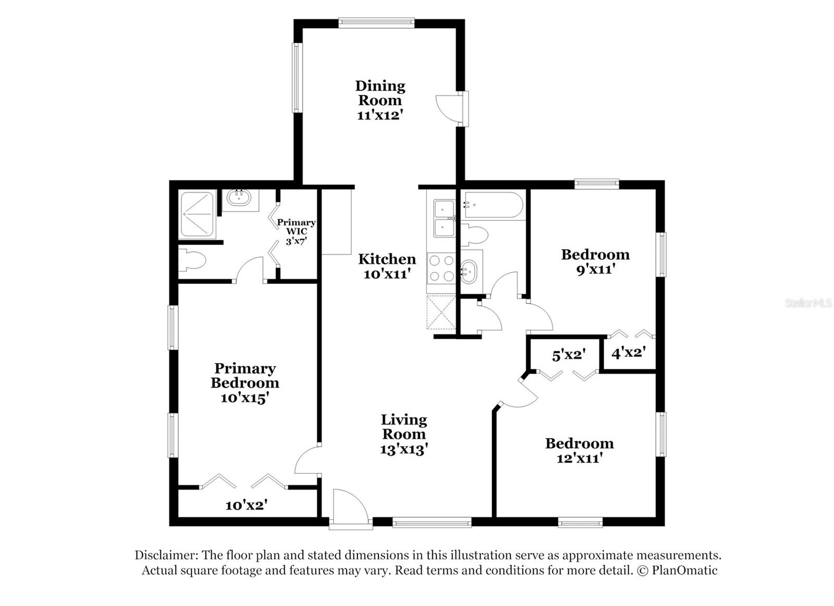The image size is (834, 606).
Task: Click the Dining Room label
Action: pyautogui.click(x=380, y=100)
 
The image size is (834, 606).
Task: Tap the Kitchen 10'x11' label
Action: pyautogui.click(x=387, y=266)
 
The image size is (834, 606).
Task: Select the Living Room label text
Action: pyautogui.click(x=404, y=434)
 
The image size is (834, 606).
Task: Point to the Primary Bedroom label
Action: pyautogui.click(x=244, y=383)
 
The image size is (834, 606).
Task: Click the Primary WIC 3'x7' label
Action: pyautogui.click(x=296, y=231)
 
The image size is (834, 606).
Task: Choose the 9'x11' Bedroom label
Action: pyautogui.click(x=595, y=262)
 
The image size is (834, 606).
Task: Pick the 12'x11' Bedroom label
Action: pyautogui.click(x=579, y=450)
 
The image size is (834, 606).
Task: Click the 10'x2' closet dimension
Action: pyautogui.click(x=247, y=505)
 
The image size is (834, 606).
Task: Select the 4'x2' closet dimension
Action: pyautogui.click(x=629, y=353)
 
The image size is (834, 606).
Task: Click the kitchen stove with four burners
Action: pyautogui.click(x=441, y=268)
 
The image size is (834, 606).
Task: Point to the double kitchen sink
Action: pyautogui.click(x=441, y=218)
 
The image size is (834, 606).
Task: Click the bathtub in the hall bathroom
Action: pyautogui.click(x=493, y=205)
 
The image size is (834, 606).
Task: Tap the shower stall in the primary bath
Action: pyautogui.click(x=197, y=215)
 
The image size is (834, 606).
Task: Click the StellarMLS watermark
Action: pyautogui.click(x=808, y=303)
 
